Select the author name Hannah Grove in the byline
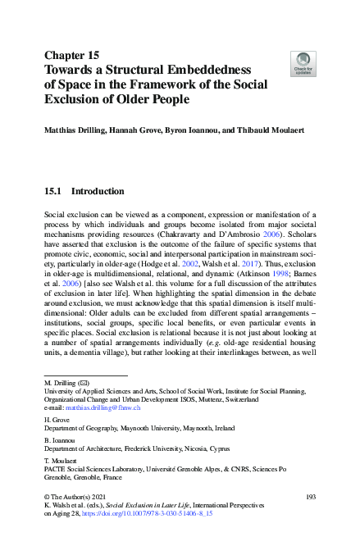[130, 130]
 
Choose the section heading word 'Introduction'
[98, 191]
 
